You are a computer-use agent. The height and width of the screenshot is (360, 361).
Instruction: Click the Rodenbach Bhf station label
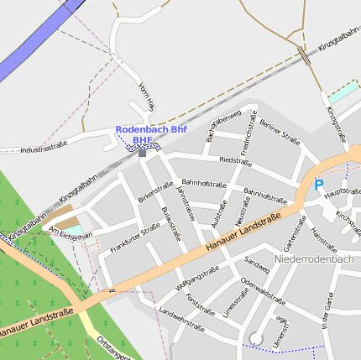tap(150, 130)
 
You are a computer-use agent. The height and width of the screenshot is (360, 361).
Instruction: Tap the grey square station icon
tap(142, 152)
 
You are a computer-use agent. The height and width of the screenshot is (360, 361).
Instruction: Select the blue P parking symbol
tap(318, 185)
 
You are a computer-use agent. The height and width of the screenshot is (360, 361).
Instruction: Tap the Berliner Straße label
tap(280, 132)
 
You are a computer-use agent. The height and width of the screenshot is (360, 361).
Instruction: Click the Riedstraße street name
tap(235, 160)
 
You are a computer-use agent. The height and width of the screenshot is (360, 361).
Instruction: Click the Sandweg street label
tap(257, 266)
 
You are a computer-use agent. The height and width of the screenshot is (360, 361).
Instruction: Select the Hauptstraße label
tap(342, 191)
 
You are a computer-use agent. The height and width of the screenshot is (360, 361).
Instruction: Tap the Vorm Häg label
tap(146, 97)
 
